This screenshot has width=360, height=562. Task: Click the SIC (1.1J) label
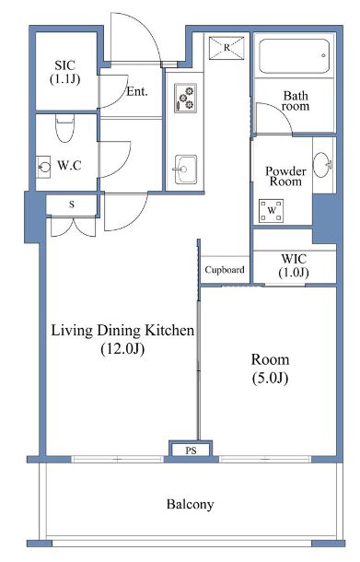(64, 72)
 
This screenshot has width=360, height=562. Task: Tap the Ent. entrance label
(137, 91)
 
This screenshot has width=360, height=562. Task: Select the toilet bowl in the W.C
(64, 128)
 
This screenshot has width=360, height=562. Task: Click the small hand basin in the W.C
(43, 167)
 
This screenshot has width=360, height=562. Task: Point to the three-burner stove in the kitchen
(186, 98)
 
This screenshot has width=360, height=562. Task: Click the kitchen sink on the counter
(186, 170)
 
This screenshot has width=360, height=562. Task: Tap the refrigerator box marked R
(226, 48)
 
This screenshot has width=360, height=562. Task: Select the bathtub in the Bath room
(294, 56)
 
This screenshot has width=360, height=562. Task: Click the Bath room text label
(296, 100)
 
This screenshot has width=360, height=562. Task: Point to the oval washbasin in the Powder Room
(322, 165)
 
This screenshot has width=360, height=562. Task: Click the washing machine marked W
(272, 210)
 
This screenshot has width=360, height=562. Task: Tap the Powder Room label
(285, 176)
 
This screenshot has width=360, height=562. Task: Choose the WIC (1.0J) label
(294, 265)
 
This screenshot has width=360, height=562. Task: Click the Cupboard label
(225, 270)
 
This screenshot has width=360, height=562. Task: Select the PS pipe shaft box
(191, 450)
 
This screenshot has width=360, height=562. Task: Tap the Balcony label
(191, 504)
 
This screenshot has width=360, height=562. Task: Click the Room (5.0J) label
(270, 369)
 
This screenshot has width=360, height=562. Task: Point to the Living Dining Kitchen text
(122, 330)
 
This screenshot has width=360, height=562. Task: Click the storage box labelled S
(72, 205)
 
